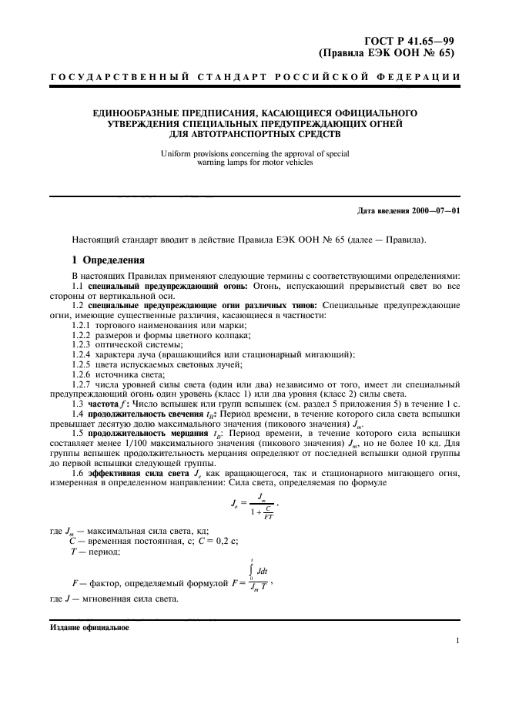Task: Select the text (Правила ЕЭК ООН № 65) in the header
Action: [x=389, y=53]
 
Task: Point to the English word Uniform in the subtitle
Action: [x=176, y=153]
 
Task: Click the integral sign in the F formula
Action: [x=250, y=572]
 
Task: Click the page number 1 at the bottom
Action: [x=457, y=640]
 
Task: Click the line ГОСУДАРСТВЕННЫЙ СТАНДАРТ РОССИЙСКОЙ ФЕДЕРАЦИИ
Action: [x=255, y=77]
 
